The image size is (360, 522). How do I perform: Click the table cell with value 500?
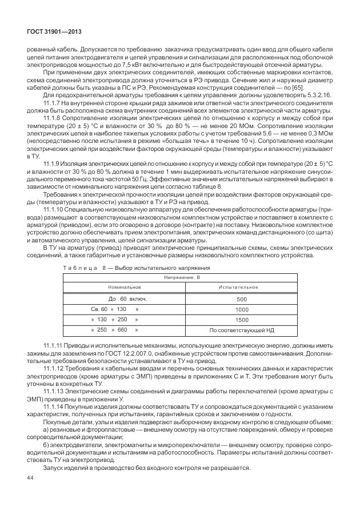tap(242, 298)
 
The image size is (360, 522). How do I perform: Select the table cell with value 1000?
tap(242, 309)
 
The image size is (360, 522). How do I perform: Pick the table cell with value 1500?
tap(242, 320)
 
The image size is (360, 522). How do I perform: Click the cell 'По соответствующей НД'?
tap(242, 330)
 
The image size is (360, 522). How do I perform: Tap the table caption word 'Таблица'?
tap(79, 268)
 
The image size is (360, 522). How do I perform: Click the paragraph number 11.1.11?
tap(54, 346)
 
